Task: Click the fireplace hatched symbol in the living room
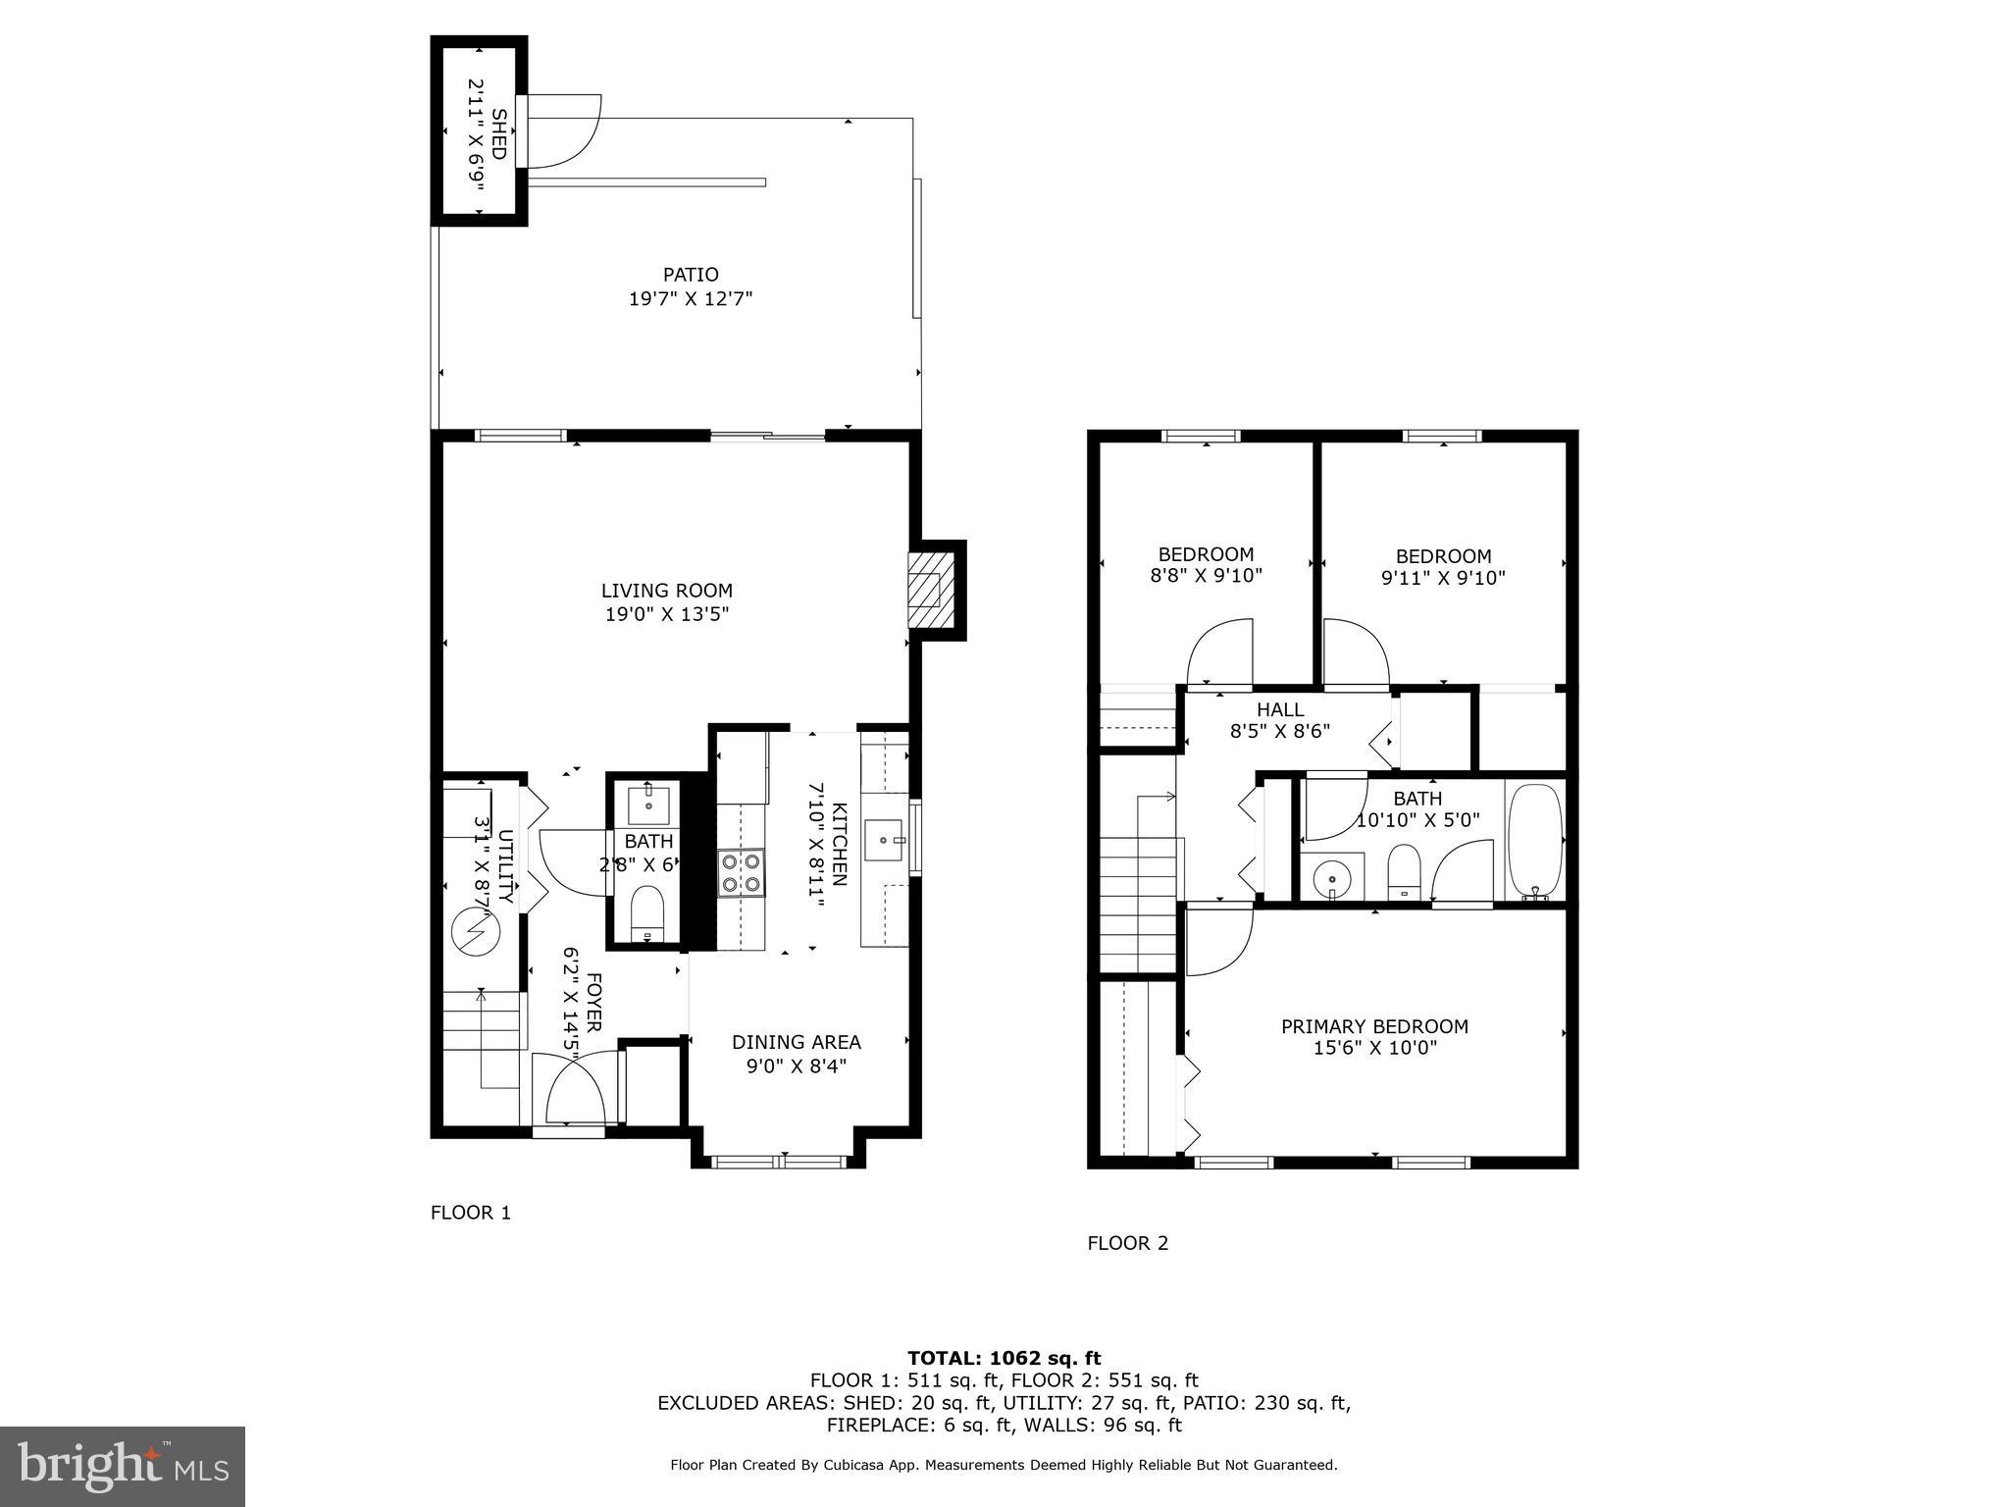pos(925,590)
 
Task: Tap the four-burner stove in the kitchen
pos(741,872)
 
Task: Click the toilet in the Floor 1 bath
pos(647,911)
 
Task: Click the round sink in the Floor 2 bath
pos(1332,876)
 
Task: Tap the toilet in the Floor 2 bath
pos(1405,871)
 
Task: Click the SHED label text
pos(498,134)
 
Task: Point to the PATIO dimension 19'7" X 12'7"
pos(690,298)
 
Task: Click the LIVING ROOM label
pos(666,591)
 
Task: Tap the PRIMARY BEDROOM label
pos(1374,1026)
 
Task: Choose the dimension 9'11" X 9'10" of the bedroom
pos(1442,579)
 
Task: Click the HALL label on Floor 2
pos(1280,709)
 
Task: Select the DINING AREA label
pos(796,1042)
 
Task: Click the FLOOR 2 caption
pos(1127,1243)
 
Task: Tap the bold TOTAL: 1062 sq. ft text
pos(1004,1358)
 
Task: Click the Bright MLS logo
pos(123,1466)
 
